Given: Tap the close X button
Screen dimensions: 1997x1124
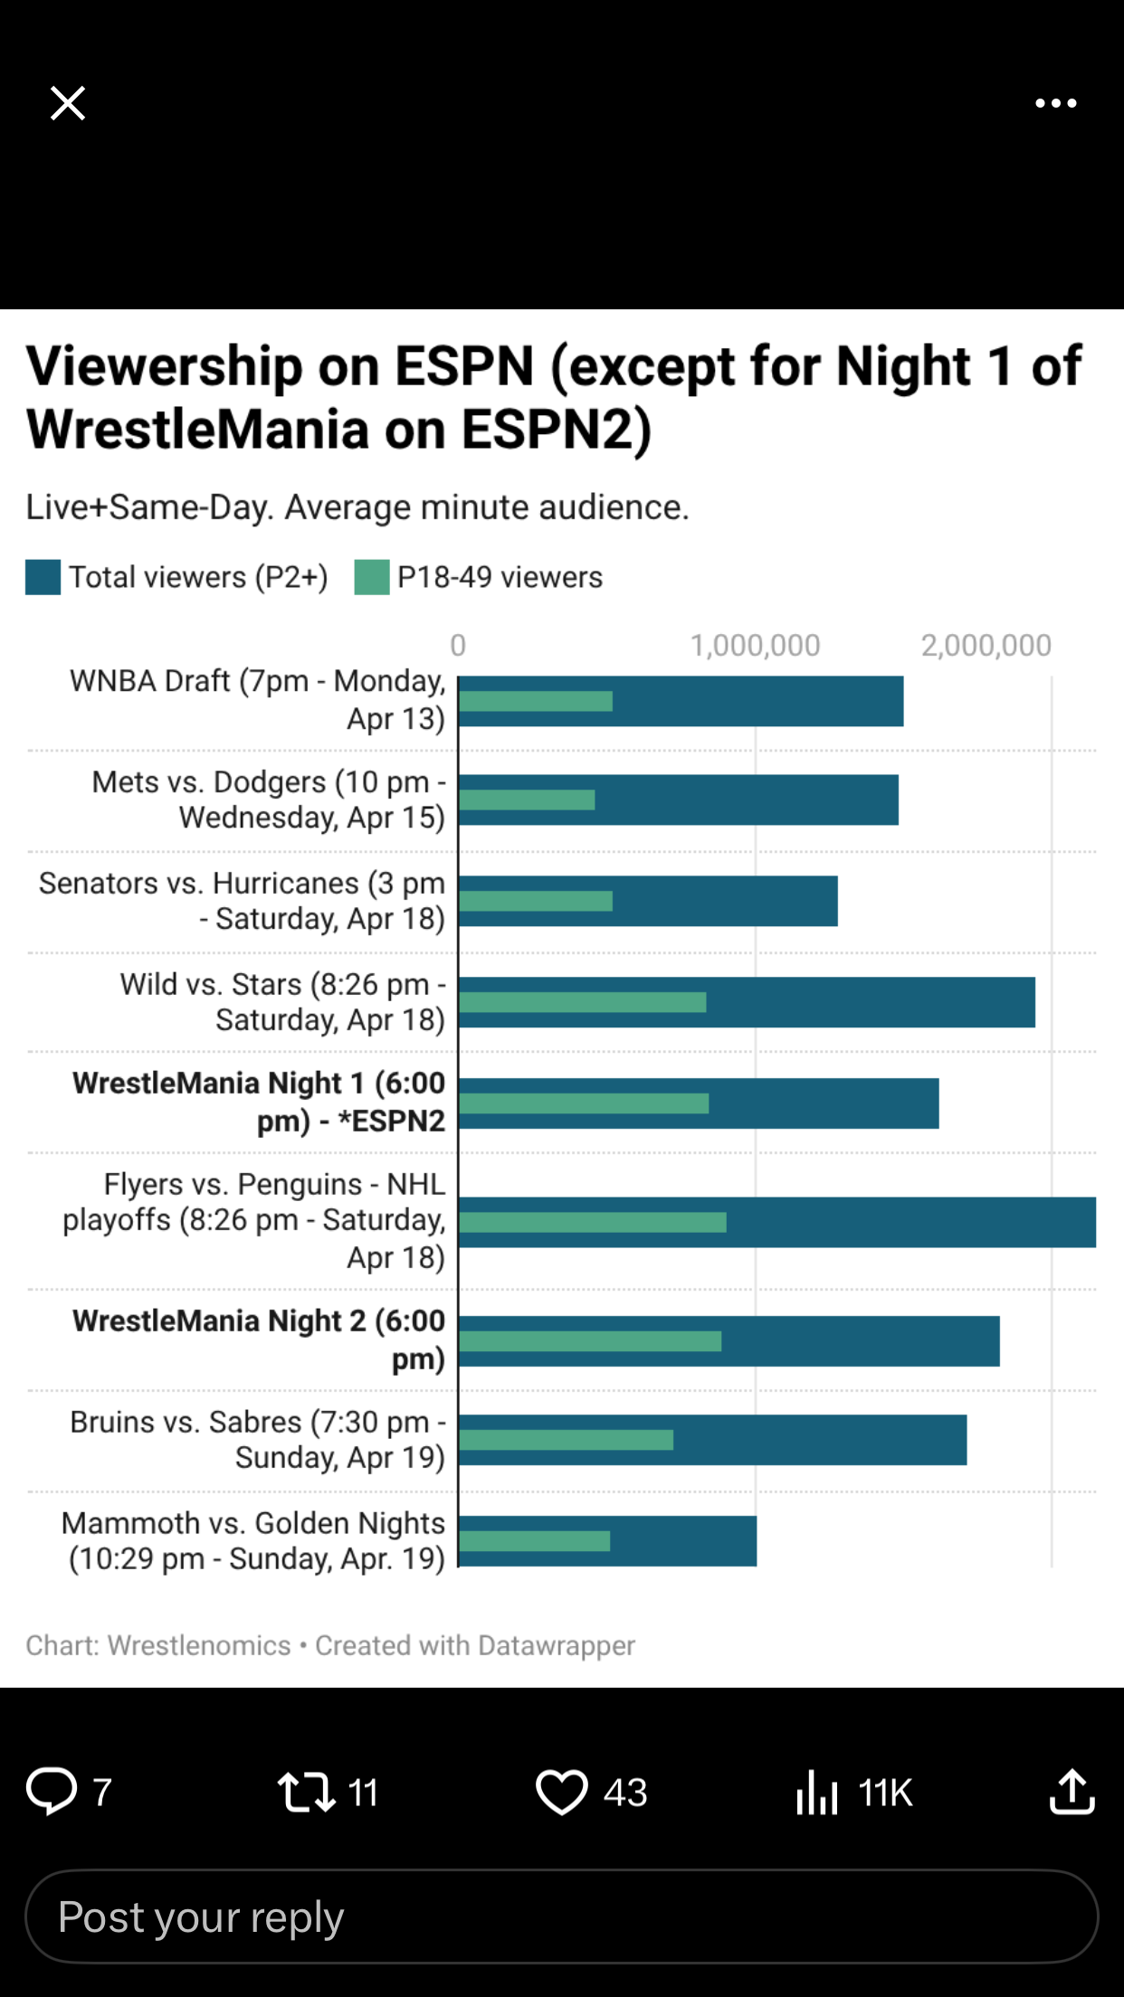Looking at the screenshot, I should (68, 103).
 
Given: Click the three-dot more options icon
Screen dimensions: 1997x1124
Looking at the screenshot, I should (1055, 103).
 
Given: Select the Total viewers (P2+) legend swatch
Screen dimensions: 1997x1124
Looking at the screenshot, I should (43, 577).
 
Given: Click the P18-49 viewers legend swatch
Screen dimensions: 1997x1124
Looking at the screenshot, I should (371, 577).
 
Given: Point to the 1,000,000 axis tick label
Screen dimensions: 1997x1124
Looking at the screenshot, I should (755, 645).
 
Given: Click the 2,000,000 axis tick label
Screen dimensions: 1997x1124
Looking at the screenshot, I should (986, 645).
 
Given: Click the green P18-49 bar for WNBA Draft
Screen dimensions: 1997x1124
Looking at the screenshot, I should (536, 701).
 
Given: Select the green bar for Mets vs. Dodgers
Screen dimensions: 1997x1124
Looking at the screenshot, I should (527, 800).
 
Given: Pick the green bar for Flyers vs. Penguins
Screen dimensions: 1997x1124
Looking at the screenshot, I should (593, 1222).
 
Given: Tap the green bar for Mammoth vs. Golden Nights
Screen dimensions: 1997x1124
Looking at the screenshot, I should (535, 1540).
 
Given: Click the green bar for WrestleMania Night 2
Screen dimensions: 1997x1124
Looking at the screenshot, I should (590, 1340).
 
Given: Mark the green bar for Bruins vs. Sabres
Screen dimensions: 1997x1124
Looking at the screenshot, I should (567, 1439).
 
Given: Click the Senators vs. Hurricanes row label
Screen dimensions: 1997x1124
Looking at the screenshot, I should (242, 901).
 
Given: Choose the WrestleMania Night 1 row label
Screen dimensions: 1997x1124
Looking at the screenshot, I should (259, 1102).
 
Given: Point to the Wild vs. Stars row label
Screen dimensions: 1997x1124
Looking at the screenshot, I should (282, 1001).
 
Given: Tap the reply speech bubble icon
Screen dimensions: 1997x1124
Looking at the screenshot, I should (52, 1791).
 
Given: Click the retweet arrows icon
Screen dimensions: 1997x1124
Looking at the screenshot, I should (306, 1792).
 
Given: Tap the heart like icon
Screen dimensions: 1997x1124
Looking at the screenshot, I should (561, 1792).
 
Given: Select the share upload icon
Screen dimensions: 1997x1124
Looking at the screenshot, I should (1072, 1792).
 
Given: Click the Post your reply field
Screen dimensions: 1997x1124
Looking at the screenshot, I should (561, 1917).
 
